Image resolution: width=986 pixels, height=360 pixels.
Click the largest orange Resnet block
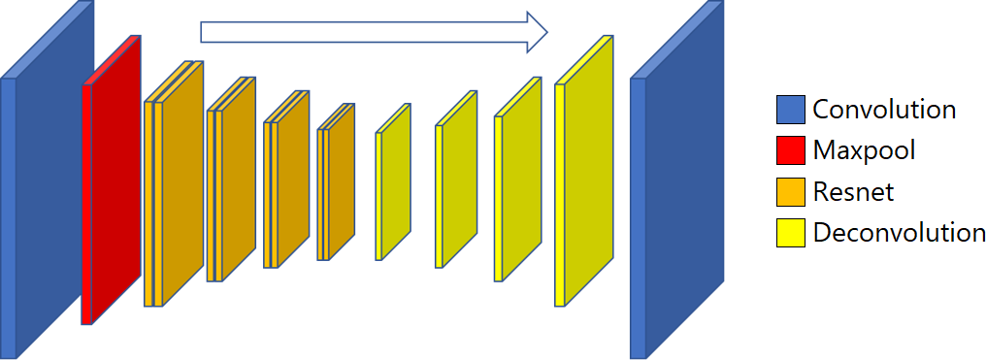pyautogui.click(x=180, y=184)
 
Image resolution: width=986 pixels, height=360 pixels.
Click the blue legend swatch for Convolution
pyautogui.click(x=791, y=110)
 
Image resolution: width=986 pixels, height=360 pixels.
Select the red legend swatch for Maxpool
pyautogui.click(x=791, y=150)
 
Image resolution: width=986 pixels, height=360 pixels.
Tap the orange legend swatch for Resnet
pyautogui.click(x=791, y=191)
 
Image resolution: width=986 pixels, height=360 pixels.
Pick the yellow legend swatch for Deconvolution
pyautogui.click(x=791, y=233)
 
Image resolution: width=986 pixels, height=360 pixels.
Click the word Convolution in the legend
pyautogui.click(x=884, y=110)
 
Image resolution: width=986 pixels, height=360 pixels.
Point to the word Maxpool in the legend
pyautogui.click(x=864, y=150)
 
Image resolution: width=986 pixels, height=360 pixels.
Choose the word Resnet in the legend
pyautogui.click(x=853, y=192)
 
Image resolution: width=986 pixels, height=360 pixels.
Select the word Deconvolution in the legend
pyautogui.click(x=899, y=233)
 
